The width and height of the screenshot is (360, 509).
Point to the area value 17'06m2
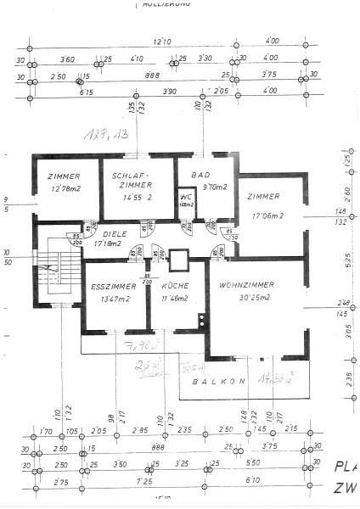269,215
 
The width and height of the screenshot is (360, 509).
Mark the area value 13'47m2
109,299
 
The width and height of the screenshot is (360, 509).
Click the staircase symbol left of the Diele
53,273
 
